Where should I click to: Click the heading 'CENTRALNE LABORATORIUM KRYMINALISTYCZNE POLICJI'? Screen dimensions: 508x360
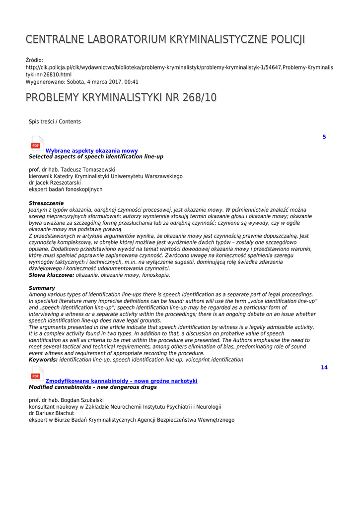pos(165,40)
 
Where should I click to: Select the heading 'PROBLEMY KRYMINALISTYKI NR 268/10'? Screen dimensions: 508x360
pos(121,98)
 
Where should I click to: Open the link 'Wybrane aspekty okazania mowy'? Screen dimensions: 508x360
pos(92,151)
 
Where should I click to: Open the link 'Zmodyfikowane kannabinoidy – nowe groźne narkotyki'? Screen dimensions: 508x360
pos(121,381)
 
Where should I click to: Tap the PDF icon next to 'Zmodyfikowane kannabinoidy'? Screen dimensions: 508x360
pos(37,374)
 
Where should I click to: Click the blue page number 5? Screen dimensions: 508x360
pos(324,137)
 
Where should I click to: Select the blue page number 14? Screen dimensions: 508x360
pos(324,368)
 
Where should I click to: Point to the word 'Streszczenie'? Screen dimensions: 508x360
pos(46,203)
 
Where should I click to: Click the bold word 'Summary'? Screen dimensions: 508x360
pos(42,288)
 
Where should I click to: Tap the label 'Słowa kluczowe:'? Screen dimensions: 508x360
pos(52,274)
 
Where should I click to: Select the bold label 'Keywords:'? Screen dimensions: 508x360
pos(43,360)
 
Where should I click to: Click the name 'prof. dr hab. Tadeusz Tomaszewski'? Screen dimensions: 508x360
pos(72,170)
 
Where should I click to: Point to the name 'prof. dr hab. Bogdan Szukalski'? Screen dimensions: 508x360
pos(70,400)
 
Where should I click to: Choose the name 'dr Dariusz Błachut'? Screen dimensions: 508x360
pos(51,413)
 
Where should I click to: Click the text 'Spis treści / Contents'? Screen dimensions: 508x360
pos(55,122)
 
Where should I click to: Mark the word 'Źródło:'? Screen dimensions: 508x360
pos(34,61)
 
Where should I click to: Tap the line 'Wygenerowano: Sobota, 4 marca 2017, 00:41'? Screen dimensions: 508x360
pos(82,81)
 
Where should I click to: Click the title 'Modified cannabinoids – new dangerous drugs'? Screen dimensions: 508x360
pos(96,387)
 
